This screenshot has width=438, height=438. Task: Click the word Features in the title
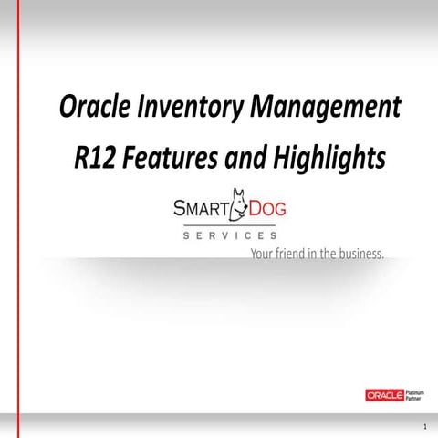166,157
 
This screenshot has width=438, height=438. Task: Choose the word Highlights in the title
315,158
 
